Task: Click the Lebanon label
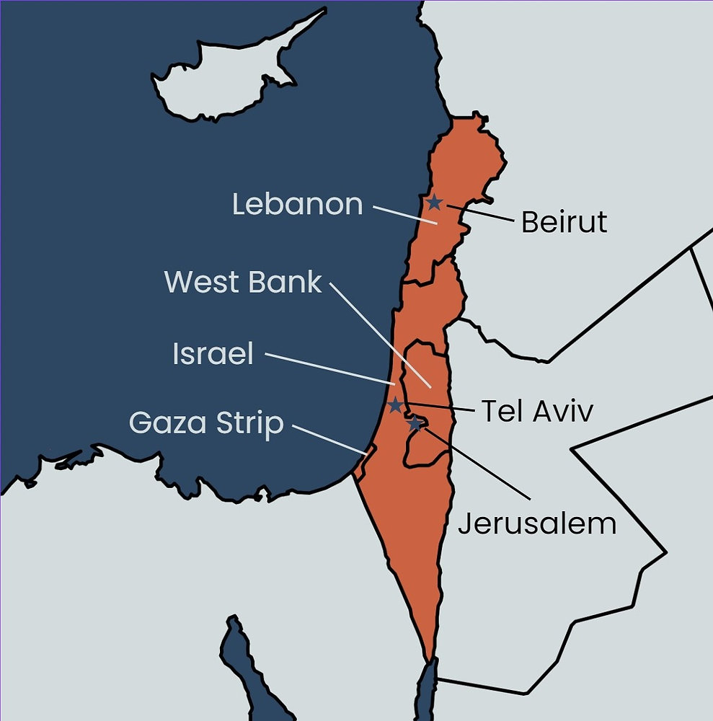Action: [297, 205]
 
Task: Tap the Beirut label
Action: [564, 222]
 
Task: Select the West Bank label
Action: [243, 282]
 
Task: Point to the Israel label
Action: [213, 354]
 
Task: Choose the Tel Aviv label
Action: [536, 412]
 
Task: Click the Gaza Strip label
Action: [206, 423]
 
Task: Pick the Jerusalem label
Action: [537, 523]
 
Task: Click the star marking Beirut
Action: [434, 203]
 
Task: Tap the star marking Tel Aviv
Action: [395, 405]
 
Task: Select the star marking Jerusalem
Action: [415, 424]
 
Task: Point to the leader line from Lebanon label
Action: [404, 215]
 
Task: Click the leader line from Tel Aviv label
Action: [440, 407]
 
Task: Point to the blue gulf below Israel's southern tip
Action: [428, 692]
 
